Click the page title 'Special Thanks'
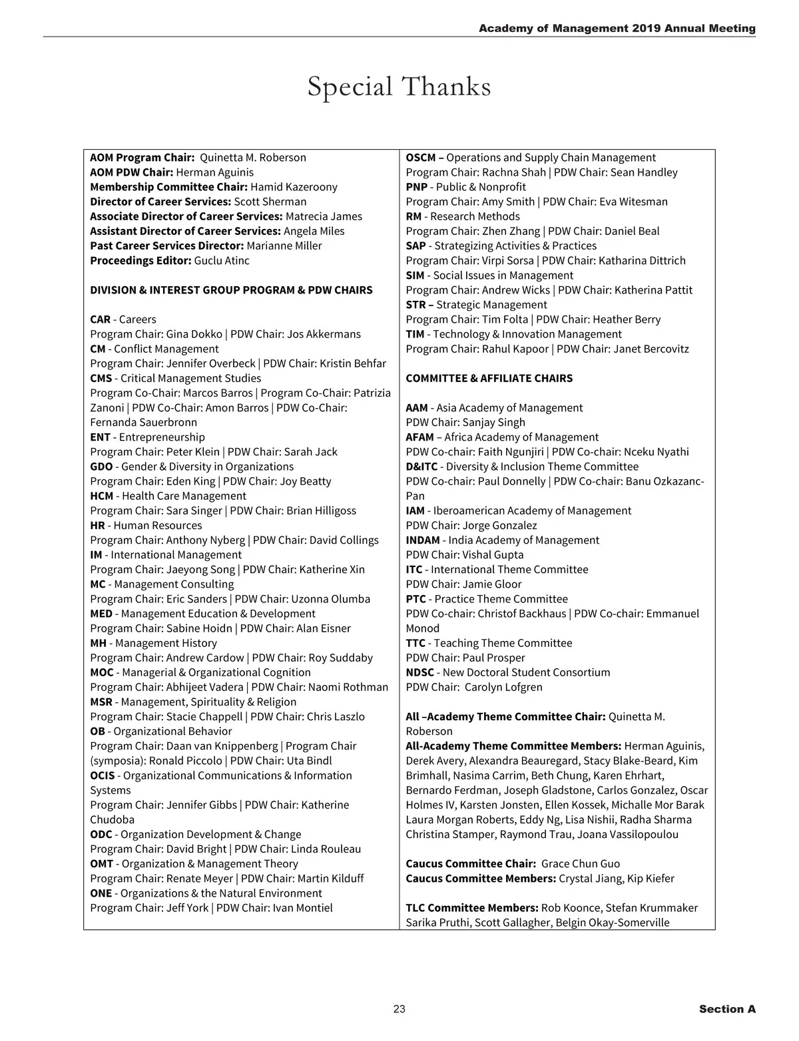pos(399,87)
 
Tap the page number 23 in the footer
pos(400,1009)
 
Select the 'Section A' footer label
pos(727,1009)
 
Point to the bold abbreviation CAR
pos(100,319)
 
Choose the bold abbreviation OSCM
pos(421,158)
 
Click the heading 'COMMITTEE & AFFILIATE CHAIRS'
pos(489,378)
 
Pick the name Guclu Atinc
pos(222,260)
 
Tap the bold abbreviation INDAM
pos(423,540)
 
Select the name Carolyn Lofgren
pos(503,687)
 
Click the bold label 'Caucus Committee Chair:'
pos(471,863)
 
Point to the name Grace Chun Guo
pos(581,863)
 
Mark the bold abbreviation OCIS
pos(103,775)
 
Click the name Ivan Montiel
pos(302,908)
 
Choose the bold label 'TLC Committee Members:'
pos(472,908)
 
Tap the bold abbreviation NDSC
pos(419,672)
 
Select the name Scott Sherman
pos(270,202)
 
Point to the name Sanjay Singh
pos(493,422)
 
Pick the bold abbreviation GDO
pos(101,467)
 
